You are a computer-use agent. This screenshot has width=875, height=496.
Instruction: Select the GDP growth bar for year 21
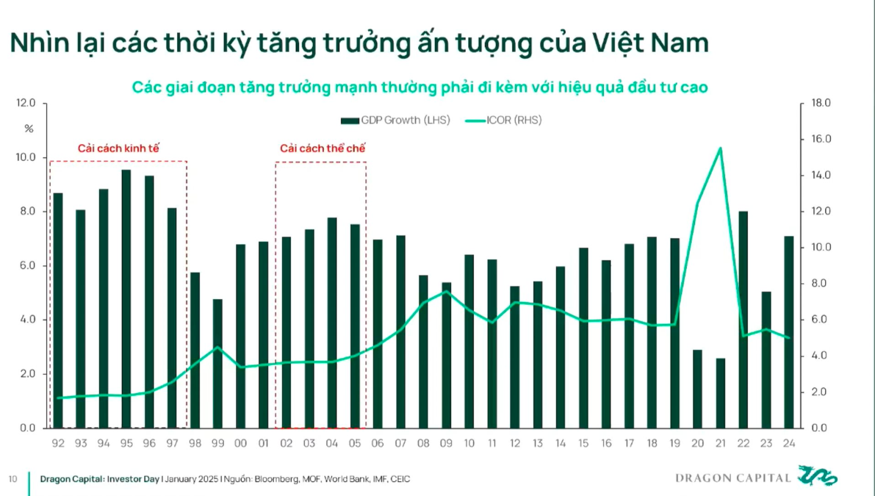click(x=720, y=393)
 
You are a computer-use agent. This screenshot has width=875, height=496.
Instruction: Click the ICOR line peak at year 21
click(x=720, y=148)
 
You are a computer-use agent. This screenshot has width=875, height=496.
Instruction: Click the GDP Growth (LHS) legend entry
click(x=395, y=120)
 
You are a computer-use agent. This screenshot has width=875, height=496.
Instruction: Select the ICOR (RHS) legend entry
click(x=504, y=120)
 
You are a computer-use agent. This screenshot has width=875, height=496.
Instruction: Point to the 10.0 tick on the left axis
click(x=25, y=157)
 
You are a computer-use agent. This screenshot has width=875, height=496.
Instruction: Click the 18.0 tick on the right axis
click(x=821, y=103)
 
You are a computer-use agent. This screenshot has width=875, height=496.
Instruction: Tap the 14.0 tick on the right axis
click(x=821, y=175)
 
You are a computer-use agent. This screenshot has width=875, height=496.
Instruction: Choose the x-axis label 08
click(x=423, y=444)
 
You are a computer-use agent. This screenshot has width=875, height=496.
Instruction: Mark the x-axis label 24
click(x=789, y=444)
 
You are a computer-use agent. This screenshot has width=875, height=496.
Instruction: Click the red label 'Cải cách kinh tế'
click(x=118, y=148)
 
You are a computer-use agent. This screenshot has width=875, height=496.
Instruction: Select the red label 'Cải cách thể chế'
click(x=322, y=148)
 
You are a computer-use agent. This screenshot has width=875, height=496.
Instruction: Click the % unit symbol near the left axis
click(x=29, y=129)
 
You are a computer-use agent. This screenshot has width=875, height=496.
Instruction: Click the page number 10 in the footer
click(x=13, y=479)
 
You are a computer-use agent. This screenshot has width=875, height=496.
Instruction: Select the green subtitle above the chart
click(x=420, y=87)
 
